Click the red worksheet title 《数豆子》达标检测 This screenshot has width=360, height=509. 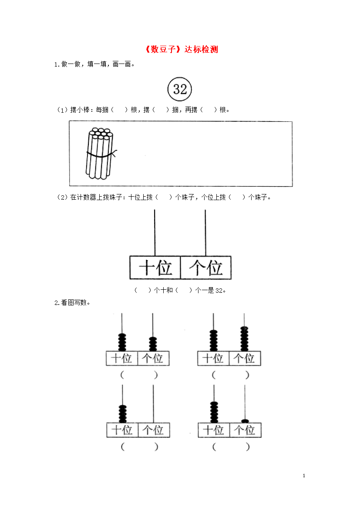[181, 49]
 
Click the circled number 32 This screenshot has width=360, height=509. [180, 89]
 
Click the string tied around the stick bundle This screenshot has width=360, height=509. [101, 154]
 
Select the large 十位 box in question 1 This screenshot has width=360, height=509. [155, 268]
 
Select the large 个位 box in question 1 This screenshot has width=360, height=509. [205, 268]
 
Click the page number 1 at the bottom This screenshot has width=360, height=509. [304, 476]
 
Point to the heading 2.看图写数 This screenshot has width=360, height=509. [72, 302]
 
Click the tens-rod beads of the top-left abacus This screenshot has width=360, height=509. [122, 342]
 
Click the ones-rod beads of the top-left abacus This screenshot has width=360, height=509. [153, 344]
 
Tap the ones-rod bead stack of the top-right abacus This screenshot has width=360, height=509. [244, 338]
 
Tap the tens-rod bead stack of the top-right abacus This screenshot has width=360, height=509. [213, 341]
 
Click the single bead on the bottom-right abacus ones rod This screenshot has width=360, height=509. [245, 421]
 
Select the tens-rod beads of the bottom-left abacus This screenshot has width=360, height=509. [122, 414]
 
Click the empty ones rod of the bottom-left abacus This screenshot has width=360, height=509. [153, 404]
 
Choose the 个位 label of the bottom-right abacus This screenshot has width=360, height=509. [246, 430]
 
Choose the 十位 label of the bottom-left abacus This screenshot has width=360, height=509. [122, 430]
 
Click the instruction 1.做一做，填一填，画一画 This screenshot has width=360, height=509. [94, 64]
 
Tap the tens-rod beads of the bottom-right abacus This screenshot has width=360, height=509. [214, 412]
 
